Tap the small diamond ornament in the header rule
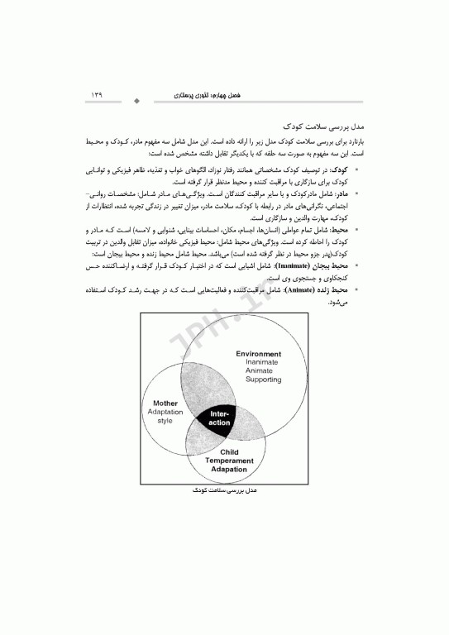click(x=136, y=103)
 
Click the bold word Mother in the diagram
click(x=165, y=403)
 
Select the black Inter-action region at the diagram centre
click(x=219, y=418)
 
